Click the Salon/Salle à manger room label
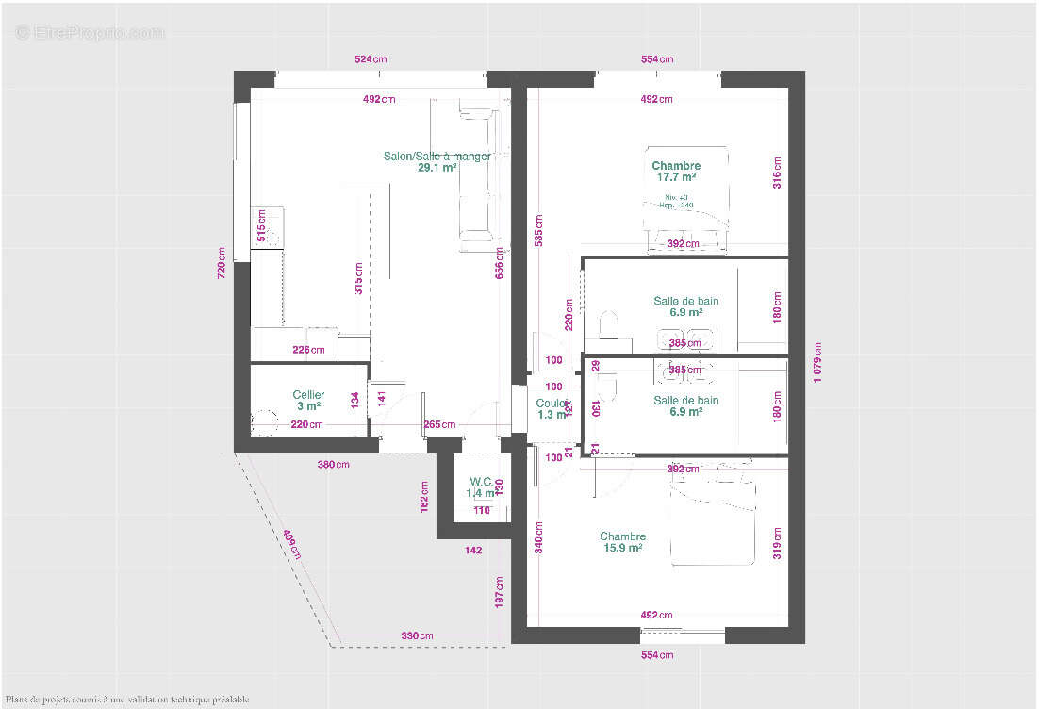(437, 157)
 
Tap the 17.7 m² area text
(676, 176)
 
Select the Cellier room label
(308, 395)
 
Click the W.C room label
(481, 481)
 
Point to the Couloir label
(553, 404)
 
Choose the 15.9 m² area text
(622, 548)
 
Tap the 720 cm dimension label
(222, 263)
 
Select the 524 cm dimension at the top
(371, 59)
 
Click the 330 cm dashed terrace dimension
(417, 636)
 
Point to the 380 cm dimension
(333, 465)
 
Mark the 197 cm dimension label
(500, 593)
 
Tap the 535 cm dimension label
(538, 229)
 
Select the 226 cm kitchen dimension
(308, 351)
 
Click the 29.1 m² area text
(437, 168)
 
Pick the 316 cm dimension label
(778, 173)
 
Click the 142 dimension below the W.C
(472, 551)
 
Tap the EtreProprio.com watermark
(90, 32)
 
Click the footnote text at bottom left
(126, 700)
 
